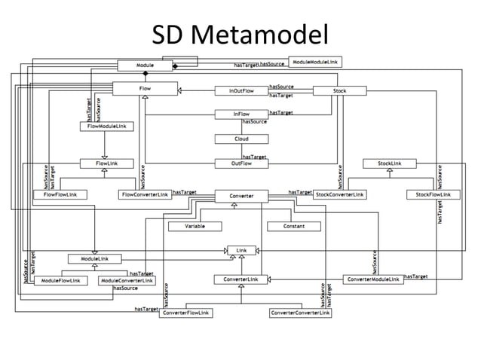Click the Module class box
pyautogui.click(x=145, y=66)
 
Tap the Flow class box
pyautogui.click(x=145, y=90)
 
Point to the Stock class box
pyautogui.click(x=339, y=90)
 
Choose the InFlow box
pyautogui.click(x=240, y=114)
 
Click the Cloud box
pyautogui.click(x=240, y=139)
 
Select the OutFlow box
pyautogui.click(x=240, y=163)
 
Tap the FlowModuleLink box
pyautogui.click(x=106, y=127)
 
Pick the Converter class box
pyautogui.click(x=240, y=196)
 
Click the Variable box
pyautogui.click(x=194, y=226)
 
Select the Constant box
pyautogui.click(x=294, y=226)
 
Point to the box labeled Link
pyautogui.click(x=241, y=249)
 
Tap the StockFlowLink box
pyautogui.click(x=433, y=194)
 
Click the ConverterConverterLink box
pyautogui.click(x=300, y=313)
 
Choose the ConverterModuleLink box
pyautogui.click(x=372, y=279)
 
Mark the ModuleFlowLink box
pyautogui.click(x=62, y=280)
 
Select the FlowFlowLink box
pyautogui.click(x=60, y=194)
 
